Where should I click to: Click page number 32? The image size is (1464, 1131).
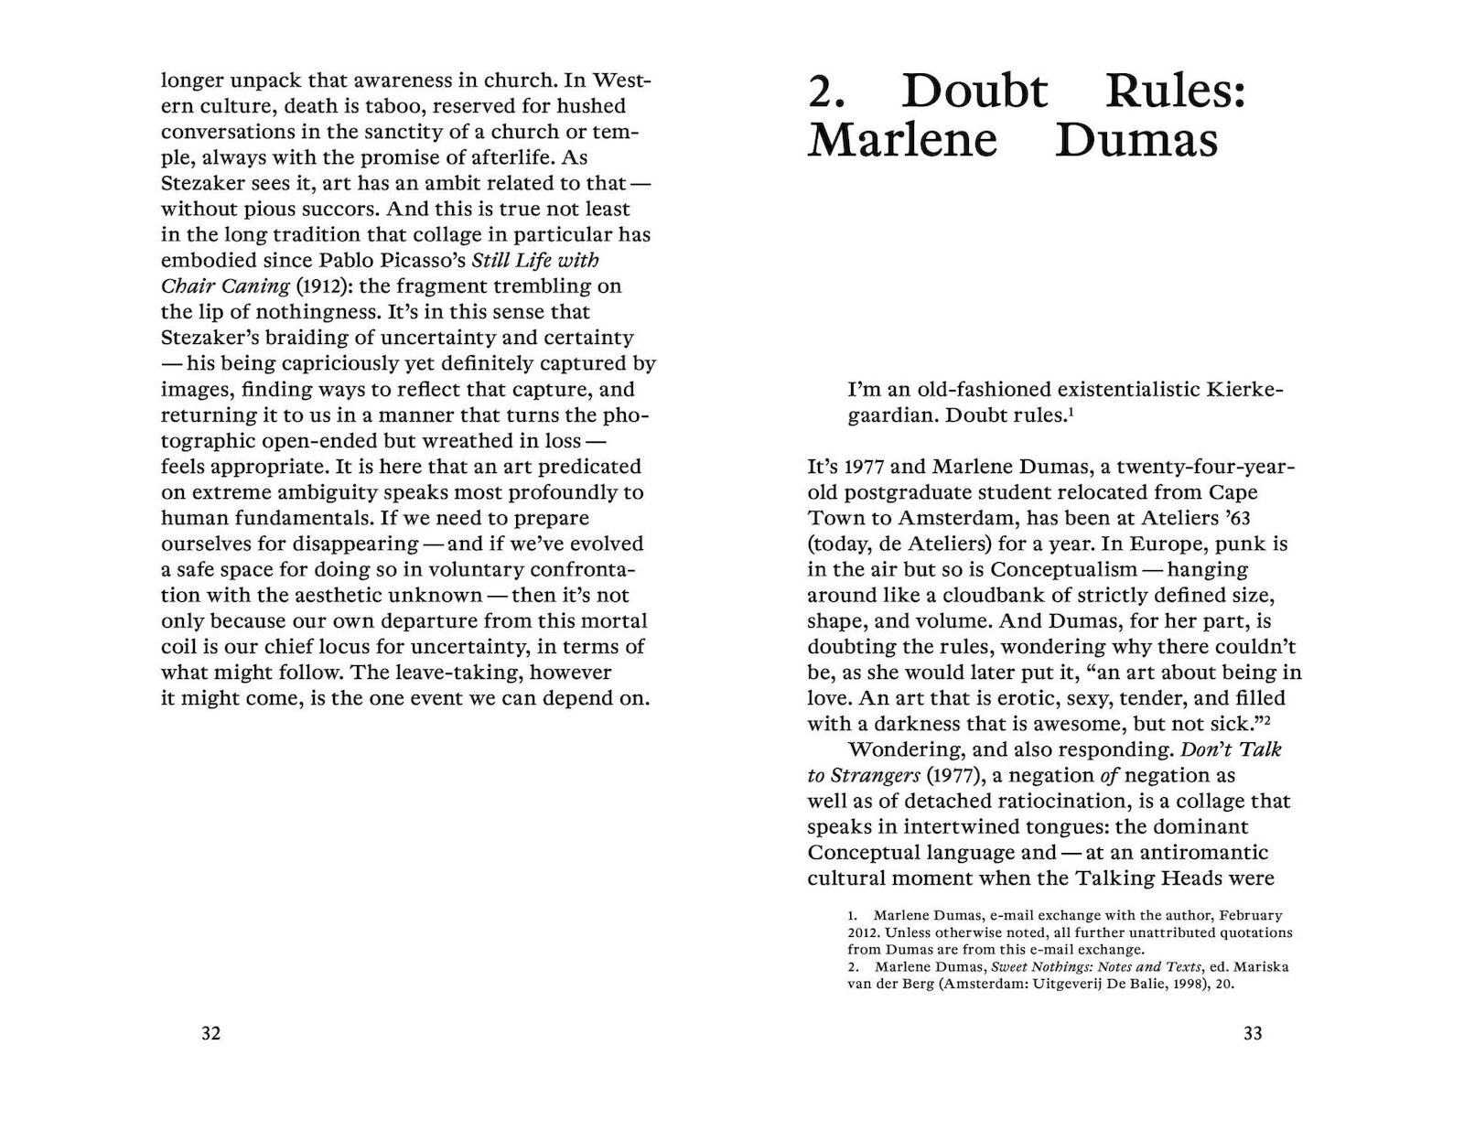click(x=210, y=1033)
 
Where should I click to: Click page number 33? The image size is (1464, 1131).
click(x=1253, y=1033)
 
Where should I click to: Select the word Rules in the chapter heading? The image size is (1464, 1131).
click(x=1176, y=92)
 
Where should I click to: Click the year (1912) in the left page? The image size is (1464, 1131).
click(x=272, y=285)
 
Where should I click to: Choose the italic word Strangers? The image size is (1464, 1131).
click(x=875, y=775)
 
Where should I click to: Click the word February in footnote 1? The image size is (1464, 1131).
click(x=1250, y=915)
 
